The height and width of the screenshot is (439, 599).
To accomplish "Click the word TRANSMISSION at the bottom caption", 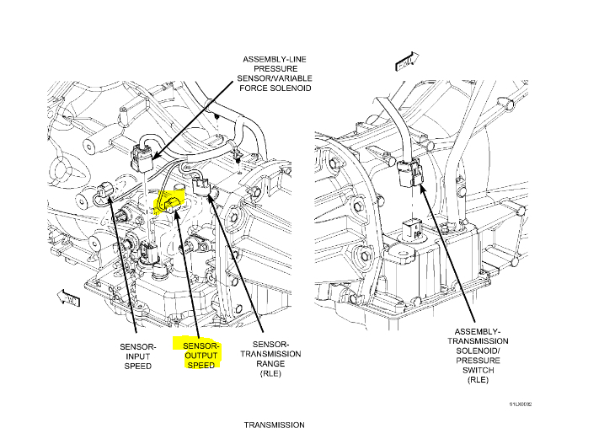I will (x=274, y=425).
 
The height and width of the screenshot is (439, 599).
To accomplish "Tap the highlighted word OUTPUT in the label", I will (x=201, y=356).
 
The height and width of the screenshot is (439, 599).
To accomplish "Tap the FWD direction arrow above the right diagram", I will (x=405, y=60).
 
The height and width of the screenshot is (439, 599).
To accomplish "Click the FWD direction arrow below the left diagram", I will (x=67, y=295).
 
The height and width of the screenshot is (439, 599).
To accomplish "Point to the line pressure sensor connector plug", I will (x=142, y=154).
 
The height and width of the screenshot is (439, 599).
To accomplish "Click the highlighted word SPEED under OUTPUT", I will (x=201, y=365).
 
